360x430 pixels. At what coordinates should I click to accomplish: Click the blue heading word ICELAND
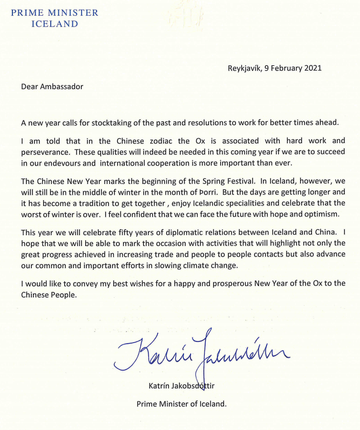point(55,24)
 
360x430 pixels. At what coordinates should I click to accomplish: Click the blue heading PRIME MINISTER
point(56,12)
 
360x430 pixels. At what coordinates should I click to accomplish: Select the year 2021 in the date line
point(313,68)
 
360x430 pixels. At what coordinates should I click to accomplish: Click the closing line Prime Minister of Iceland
point(181,404)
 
